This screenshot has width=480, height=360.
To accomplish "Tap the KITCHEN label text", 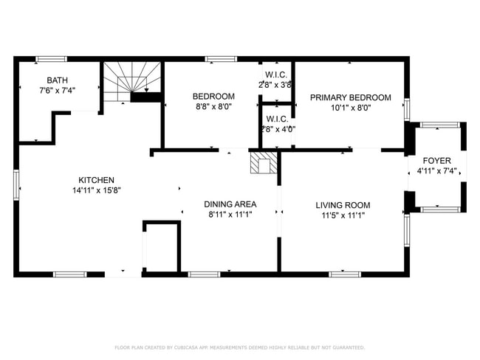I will (x=97, y=180).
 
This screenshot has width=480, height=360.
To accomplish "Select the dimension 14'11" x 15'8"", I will (x=97, y=190).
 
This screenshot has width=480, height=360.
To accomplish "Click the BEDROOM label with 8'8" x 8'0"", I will (x=213, y=97).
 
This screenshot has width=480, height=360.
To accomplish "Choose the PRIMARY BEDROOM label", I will (x=350, y=97).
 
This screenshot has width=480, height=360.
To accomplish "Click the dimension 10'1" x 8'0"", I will (x=350, y=108).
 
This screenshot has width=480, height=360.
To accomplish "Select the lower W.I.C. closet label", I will (x=277, y=119).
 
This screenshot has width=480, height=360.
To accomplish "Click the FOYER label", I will (x=436, y=161).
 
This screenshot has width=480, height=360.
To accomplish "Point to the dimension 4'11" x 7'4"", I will (x=436, y=171).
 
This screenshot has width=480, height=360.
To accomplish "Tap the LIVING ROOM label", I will (x=343, y=205).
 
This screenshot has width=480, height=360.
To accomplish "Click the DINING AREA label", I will (x=230, y=204).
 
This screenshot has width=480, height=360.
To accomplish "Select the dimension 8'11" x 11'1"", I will (x=230, y=215).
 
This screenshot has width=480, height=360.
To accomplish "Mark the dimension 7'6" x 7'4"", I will (x=57, y=91).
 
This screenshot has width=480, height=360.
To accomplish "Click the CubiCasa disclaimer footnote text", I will (x=239, y=347).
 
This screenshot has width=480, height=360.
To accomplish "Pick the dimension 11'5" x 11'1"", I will (x=343, y=215).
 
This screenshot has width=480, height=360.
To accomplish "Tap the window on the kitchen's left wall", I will (x=16, y=184).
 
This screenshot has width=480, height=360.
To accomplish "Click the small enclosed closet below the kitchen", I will (x=162, y=246).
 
